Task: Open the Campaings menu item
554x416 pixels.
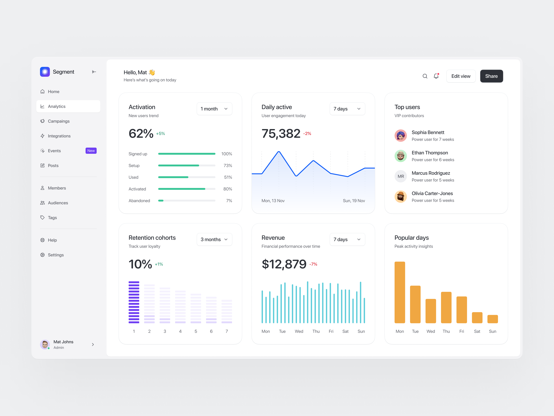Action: pos(59,121)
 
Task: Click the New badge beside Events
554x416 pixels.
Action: pos(91,151)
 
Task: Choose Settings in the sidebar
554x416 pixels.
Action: pos(56,255)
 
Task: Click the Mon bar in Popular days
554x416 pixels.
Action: pos(400,292)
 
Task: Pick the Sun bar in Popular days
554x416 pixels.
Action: pos(492,319)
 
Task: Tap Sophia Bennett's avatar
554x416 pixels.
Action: pos(401,136)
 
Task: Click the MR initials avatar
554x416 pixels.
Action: pos(401,176)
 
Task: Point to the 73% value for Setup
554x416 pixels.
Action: pos(228,165)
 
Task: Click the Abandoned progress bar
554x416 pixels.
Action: pos(187,201)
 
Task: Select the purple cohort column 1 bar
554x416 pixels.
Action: pos(134,302)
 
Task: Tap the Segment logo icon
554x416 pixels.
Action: pos(45,72)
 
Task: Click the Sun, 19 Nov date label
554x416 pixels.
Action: pos(354,201)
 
